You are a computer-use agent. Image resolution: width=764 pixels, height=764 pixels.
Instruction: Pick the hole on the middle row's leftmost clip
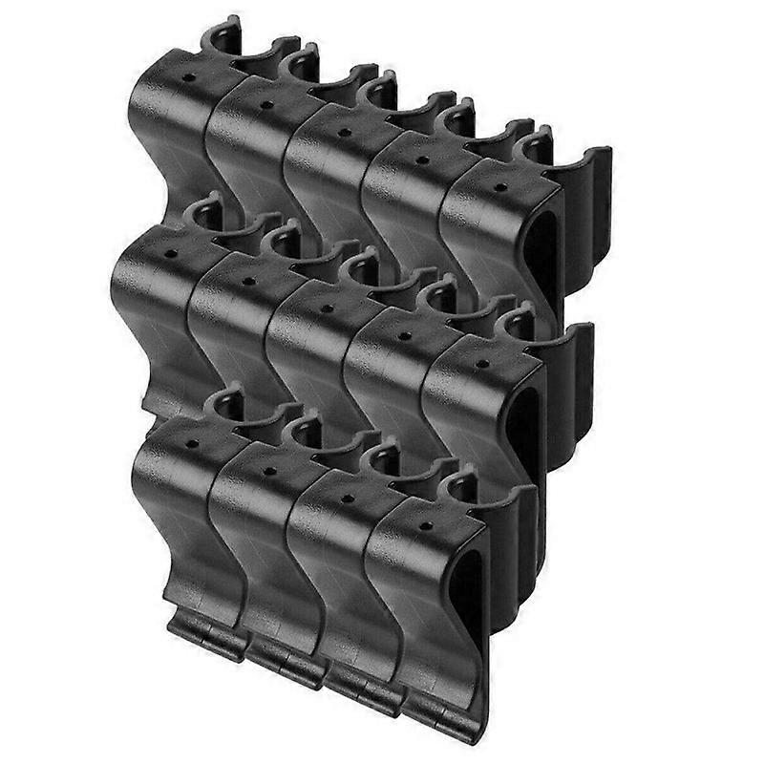pos(173,255)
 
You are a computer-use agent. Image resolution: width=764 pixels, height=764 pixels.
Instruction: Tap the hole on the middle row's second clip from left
pos(249,282)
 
